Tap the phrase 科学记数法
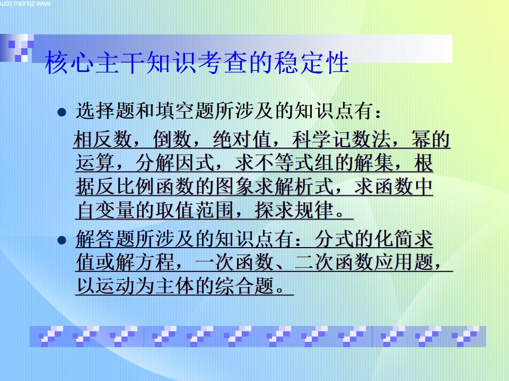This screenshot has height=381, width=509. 342,141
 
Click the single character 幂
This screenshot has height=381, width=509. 421,141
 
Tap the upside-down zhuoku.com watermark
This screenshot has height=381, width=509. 27,4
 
